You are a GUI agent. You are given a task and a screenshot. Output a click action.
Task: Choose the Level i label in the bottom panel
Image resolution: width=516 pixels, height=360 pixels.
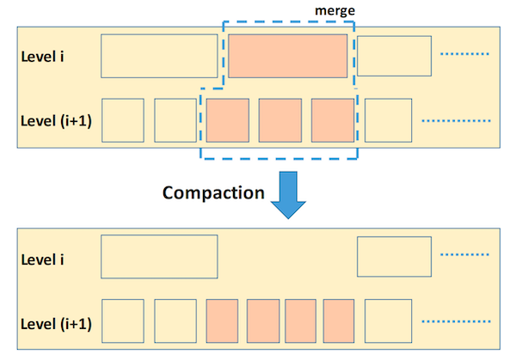coord(45,258)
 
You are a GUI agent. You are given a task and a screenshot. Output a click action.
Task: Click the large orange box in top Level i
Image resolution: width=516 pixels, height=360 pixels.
coord(286,56)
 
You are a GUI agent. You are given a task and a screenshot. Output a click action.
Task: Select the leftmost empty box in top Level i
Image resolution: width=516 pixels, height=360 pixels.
coord(159,56)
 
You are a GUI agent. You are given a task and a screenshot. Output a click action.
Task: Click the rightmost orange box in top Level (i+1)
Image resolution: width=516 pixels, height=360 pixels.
coord(332,119)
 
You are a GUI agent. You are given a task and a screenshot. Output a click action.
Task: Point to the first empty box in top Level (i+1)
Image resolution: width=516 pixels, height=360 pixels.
coord(123,119)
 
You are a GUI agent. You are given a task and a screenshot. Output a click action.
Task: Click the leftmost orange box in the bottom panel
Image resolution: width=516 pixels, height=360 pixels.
coord(223,320)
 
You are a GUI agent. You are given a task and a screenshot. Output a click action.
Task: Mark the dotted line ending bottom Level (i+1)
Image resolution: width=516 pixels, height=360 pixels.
coord(457,320)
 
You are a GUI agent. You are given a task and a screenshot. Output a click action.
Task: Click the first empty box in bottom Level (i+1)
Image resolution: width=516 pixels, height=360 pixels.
coord(123,320)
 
